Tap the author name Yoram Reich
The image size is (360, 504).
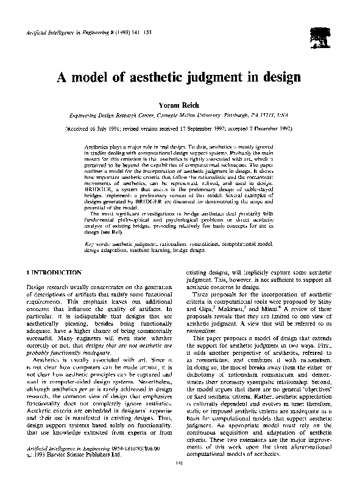(x=180, y=104)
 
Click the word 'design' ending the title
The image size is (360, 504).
(x=280, y=77)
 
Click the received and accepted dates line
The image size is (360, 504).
(x=180, y=130)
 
